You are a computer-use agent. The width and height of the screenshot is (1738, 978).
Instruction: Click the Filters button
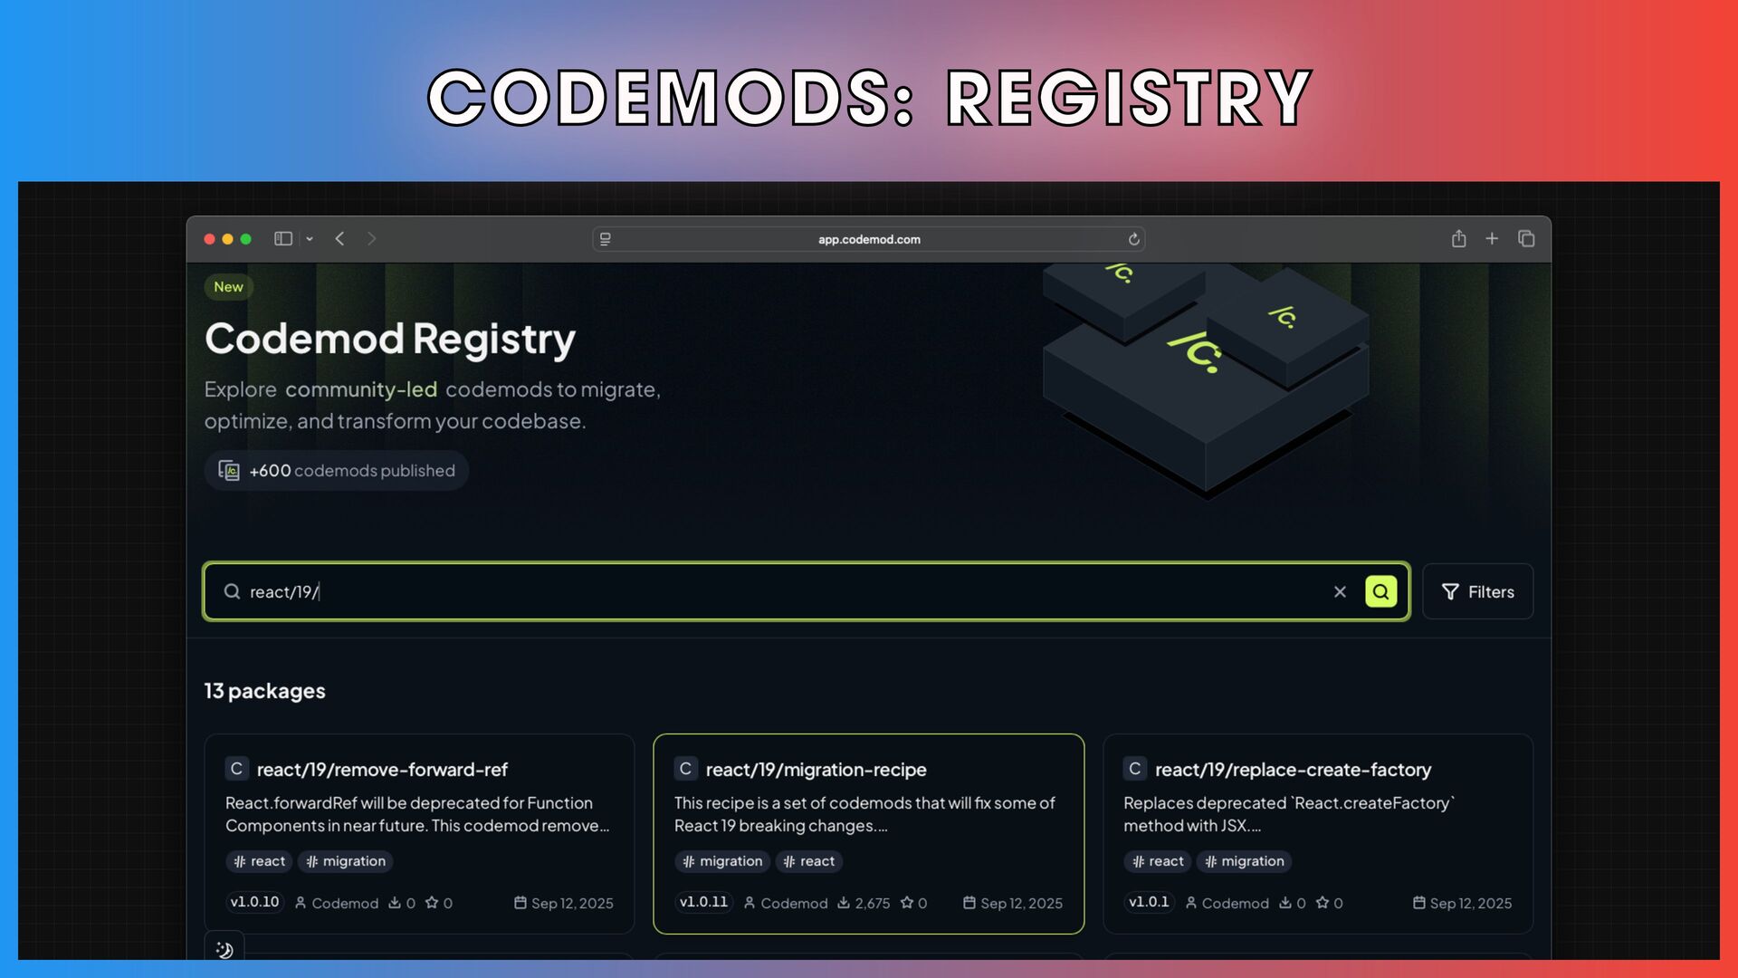(x=1477, y=591)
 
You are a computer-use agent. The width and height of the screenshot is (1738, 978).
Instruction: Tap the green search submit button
(x=1380, y=591)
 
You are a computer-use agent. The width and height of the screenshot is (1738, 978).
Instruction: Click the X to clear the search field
(x=1340, y=591)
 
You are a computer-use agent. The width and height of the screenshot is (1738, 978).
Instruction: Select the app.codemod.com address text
(x=869, y=239)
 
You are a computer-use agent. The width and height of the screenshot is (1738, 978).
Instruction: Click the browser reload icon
(x=1133, y=239)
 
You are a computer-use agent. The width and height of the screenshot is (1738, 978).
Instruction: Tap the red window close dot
(x=210, y=239)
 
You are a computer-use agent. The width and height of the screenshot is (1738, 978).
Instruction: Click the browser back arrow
(x=339, y=238)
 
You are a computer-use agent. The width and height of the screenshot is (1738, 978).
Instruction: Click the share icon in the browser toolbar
(x=1458, y=238)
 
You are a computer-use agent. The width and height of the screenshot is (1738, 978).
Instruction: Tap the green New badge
(x=228, y=287)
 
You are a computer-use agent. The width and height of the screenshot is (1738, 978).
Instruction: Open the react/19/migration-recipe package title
(x=816, y=770)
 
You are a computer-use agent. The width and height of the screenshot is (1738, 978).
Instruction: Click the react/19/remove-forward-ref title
(x=381, y=770)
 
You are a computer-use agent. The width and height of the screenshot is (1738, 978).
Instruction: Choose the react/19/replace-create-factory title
(x=1293, y=770)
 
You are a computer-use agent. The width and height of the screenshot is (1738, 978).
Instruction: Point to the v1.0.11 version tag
(x=703, y=902)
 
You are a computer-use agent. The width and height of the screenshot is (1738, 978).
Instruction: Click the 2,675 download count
(x=871, y=903)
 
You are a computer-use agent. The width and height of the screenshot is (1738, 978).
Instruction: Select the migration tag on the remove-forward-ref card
(x=346, y=861)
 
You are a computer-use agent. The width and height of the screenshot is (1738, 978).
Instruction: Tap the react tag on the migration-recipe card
(x=809, y=861)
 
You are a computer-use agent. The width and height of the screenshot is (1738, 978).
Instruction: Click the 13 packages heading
(x=264, y=691)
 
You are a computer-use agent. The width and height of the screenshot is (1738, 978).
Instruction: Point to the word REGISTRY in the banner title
(x=1128, y=98)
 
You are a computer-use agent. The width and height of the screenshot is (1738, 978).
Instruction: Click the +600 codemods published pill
(x=336, y=471)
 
